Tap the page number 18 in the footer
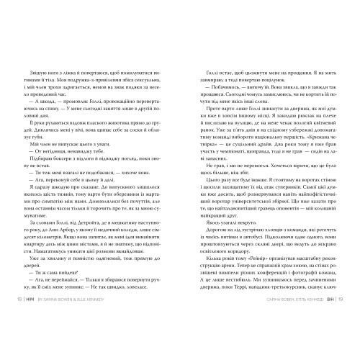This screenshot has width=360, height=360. [x=19, y=337]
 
